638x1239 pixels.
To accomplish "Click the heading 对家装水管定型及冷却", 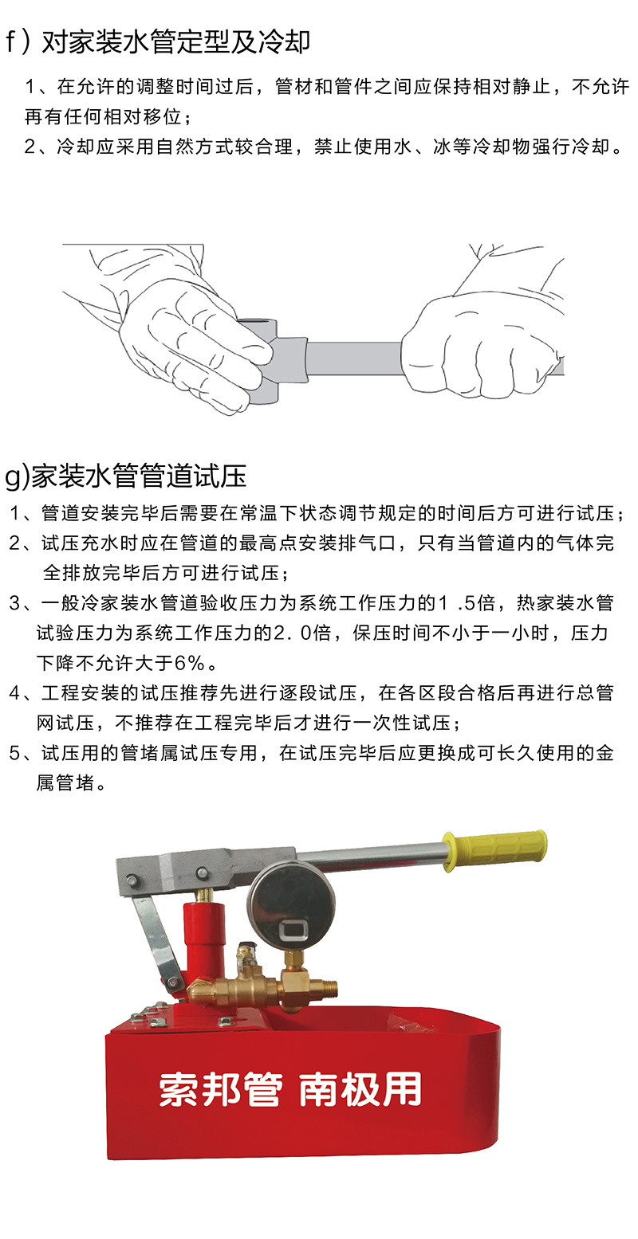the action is [176, 42].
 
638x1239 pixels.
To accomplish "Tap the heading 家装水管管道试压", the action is [139, 476].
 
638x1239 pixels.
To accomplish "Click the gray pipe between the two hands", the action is [354, 359].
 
